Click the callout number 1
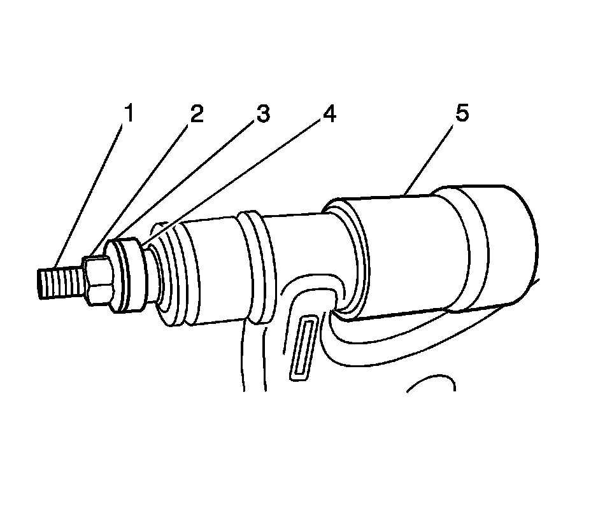coord(129,115)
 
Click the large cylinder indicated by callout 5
coord(408,255)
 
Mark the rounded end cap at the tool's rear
coord(503,245)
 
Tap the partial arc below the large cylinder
coord(432,382)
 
